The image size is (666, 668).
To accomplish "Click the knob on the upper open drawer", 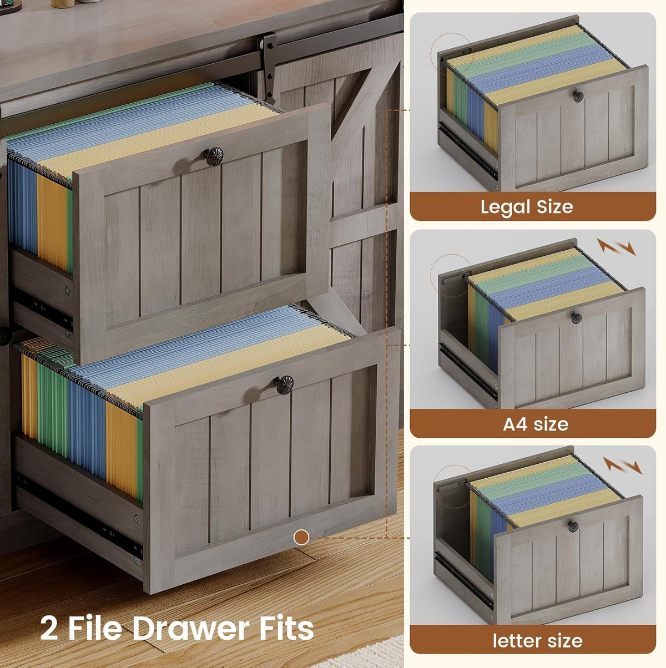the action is [213, 156].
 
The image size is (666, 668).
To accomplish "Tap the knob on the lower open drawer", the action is [284, 385].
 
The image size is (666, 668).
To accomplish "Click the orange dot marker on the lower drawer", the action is [301, 538].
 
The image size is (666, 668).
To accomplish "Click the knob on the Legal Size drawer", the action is [578, 97].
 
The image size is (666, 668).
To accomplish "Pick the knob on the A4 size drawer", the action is [576, 318].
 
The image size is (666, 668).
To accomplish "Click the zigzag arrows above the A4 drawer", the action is [616, 247].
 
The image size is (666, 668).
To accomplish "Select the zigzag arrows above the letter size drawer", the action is [622, 465].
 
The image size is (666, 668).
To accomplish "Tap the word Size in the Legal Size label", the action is [554, 208].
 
